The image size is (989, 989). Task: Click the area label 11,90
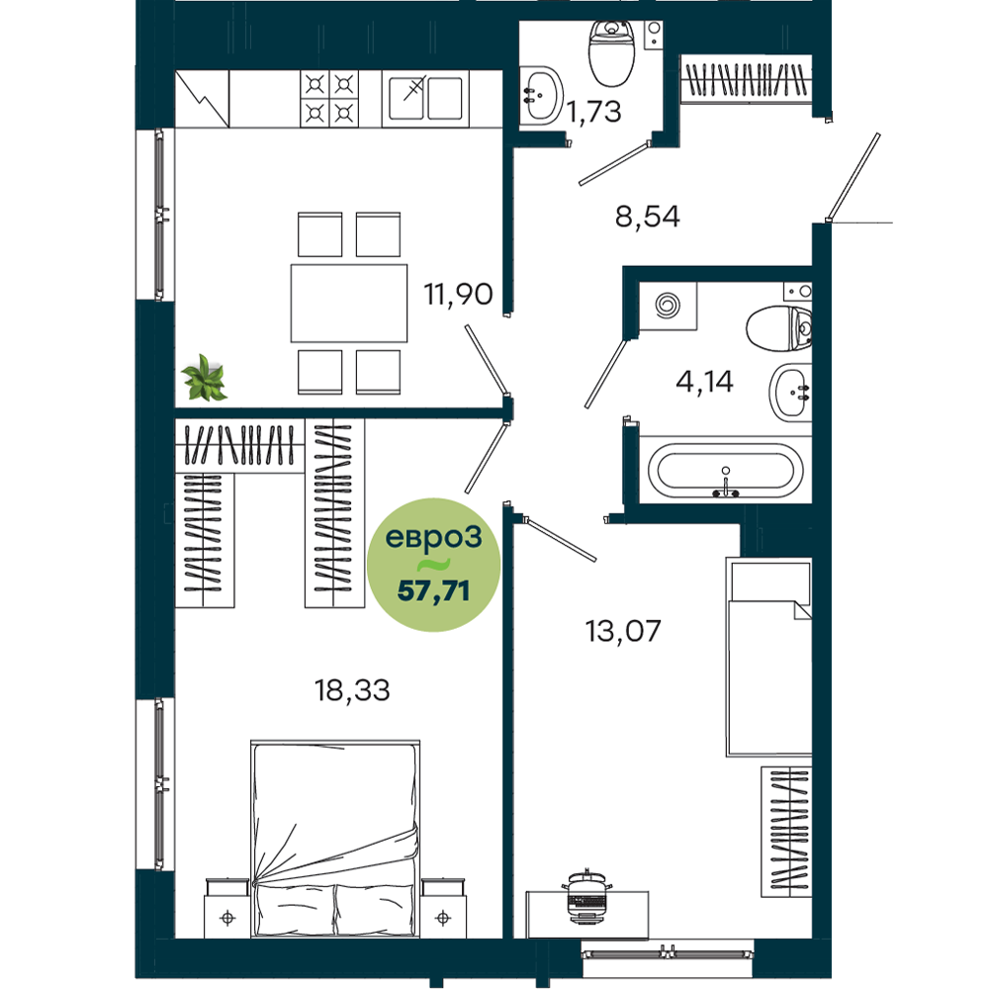pos(458,295)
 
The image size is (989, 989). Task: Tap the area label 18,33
pos(352,690)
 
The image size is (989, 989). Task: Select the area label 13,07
pos(623,631)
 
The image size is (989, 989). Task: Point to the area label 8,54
pos(647,217)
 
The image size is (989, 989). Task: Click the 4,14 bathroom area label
pos(704,382)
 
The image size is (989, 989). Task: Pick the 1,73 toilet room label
pos(593,112)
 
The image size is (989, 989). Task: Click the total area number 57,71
pos(433,591)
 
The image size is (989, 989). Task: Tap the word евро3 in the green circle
pos(433,537)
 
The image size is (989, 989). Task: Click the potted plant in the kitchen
pos(205,378)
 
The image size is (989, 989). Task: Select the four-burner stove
pos(329,98)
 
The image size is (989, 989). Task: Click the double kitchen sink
pos(425,98)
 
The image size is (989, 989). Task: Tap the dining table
pos(349,304)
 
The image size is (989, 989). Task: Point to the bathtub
pos(725,470)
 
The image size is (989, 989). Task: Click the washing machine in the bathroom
pos(668,306)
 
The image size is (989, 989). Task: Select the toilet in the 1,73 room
pos(611,53)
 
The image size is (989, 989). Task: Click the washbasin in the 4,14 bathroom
pos(790,393)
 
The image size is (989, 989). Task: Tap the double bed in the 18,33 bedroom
pos(335,839)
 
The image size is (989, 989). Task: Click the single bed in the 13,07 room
pos(768,657)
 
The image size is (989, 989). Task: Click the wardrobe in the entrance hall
pos(746,79)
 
